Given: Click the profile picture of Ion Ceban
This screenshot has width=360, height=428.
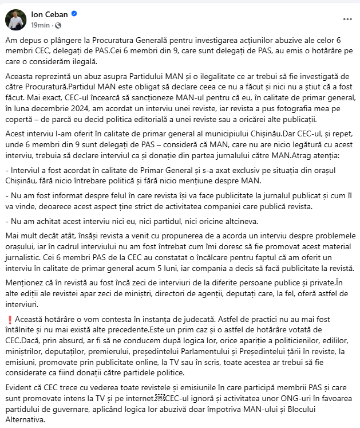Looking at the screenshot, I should [15, 19].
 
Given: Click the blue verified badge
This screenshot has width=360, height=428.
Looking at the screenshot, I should [74, 14].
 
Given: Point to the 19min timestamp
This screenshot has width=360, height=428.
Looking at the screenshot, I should [39, 25].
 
